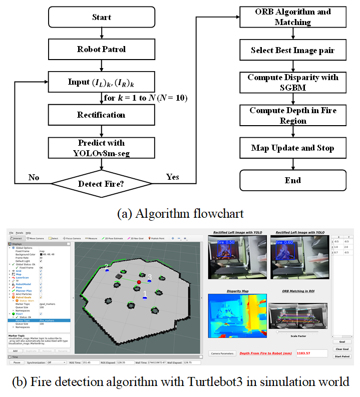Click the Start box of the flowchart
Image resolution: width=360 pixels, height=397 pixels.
(x=102, y=18)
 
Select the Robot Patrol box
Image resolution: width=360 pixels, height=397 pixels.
(x=102, y=49)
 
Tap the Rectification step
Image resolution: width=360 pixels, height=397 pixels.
(x=102, y=115)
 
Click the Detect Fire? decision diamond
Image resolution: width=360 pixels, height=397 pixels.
(x=102, y=184)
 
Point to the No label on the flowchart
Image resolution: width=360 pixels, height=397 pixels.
(x=34, y=177)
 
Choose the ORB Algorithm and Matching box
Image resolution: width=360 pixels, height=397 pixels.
(x=292, y=17)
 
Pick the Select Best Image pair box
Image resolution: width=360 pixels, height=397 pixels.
(x=292, y=50)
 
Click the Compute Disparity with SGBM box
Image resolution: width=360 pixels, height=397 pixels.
(x=292, y=83)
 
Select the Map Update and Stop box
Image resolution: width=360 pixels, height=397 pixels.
(x=292, y=148)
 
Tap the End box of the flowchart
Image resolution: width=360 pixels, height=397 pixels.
(x=292, y=180)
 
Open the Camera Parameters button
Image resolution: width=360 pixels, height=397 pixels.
(x=222, y=353)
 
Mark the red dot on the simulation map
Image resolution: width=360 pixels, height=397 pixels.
(x=139, y=283)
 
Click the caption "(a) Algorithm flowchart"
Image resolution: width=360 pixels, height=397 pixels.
(x=180, y=214)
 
